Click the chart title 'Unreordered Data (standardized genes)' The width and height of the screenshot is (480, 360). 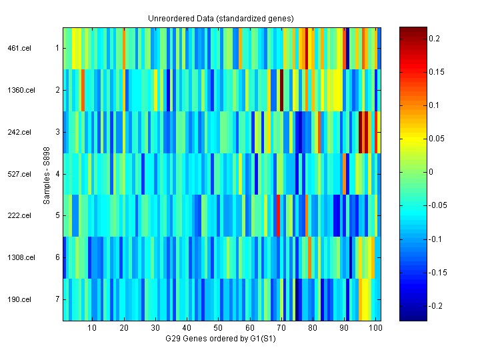(221, 18)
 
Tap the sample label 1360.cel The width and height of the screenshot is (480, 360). (20, 90)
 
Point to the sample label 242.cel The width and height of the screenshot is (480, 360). (20, 132)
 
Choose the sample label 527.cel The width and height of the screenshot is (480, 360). (20, 174)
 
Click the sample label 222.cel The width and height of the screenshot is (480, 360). (20, 215)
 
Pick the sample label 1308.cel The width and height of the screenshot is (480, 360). (20, 257)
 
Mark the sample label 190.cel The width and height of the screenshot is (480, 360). (20, 299)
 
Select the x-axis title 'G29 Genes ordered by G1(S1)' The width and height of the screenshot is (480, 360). (221, 339)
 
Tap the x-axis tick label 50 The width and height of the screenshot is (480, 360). (218, 328)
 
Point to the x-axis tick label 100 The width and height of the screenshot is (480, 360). (376, 328)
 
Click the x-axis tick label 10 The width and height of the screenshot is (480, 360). (92, 328)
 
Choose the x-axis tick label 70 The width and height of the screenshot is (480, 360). (281, 328)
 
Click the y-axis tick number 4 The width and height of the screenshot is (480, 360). (57, 174)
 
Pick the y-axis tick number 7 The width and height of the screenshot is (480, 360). (57, 299)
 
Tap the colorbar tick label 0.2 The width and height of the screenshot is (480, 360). (434, 39)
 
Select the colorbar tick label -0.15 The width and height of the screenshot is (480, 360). (437, 273)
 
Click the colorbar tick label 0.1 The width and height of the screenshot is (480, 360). (434, 105)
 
